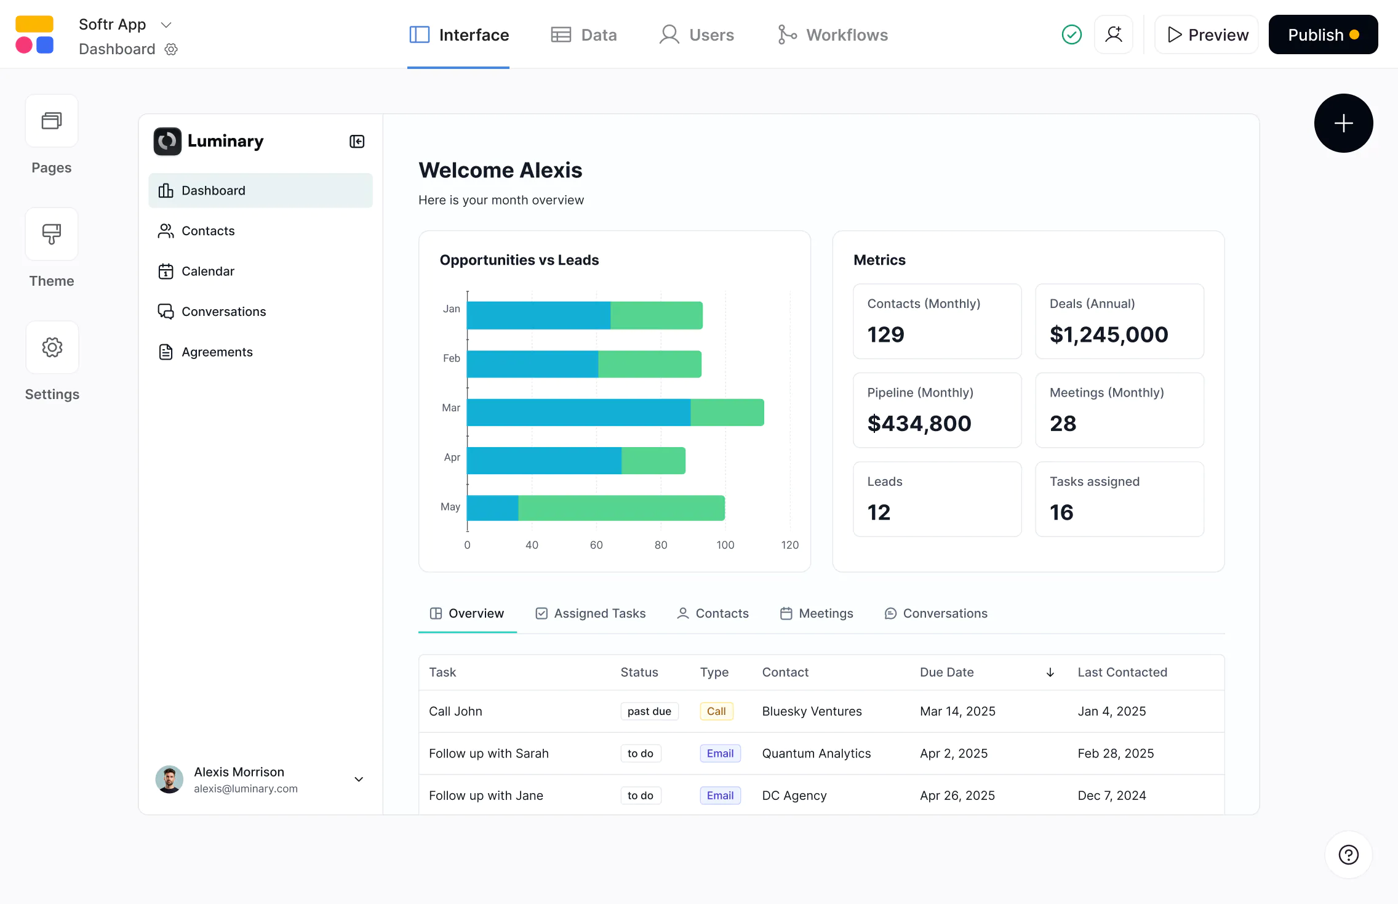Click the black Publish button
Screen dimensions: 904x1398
coord(1322,35)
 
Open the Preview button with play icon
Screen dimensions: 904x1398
coord(1207,35)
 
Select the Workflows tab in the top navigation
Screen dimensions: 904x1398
coord(833,35)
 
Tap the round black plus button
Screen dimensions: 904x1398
coord(1343,123)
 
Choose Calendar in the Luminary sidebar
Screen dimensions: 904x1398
coord(207,272)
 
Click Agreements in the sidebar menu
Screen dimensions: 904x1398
coord(217,352)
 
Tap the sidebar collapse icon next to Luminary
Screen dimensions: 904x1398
coord(357,142)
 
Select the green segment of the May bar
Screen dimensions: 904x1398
coord(621,508)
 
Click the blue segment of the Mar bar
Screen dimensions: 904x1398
coord(578,413)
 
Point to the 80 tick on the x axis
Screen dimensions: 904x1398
coord(661,545)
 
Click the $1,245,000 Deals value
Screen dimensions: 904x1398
coord(1108,334)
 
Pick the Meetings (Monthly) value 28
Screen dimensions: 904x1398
coord(1063,424)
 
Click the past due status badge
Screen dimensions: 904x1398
coord(649,711)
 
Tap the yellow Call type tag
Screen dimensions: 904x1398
coord(716,711)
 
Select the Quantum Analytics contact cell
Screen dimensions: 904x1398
coord(816,754)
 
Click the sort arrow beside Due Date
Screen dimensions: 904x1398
coord(1050,672)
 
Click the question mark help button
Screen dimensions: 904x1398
coord(1348,855)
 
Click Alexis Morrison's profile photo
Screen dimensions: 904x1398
coord(169,780)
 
